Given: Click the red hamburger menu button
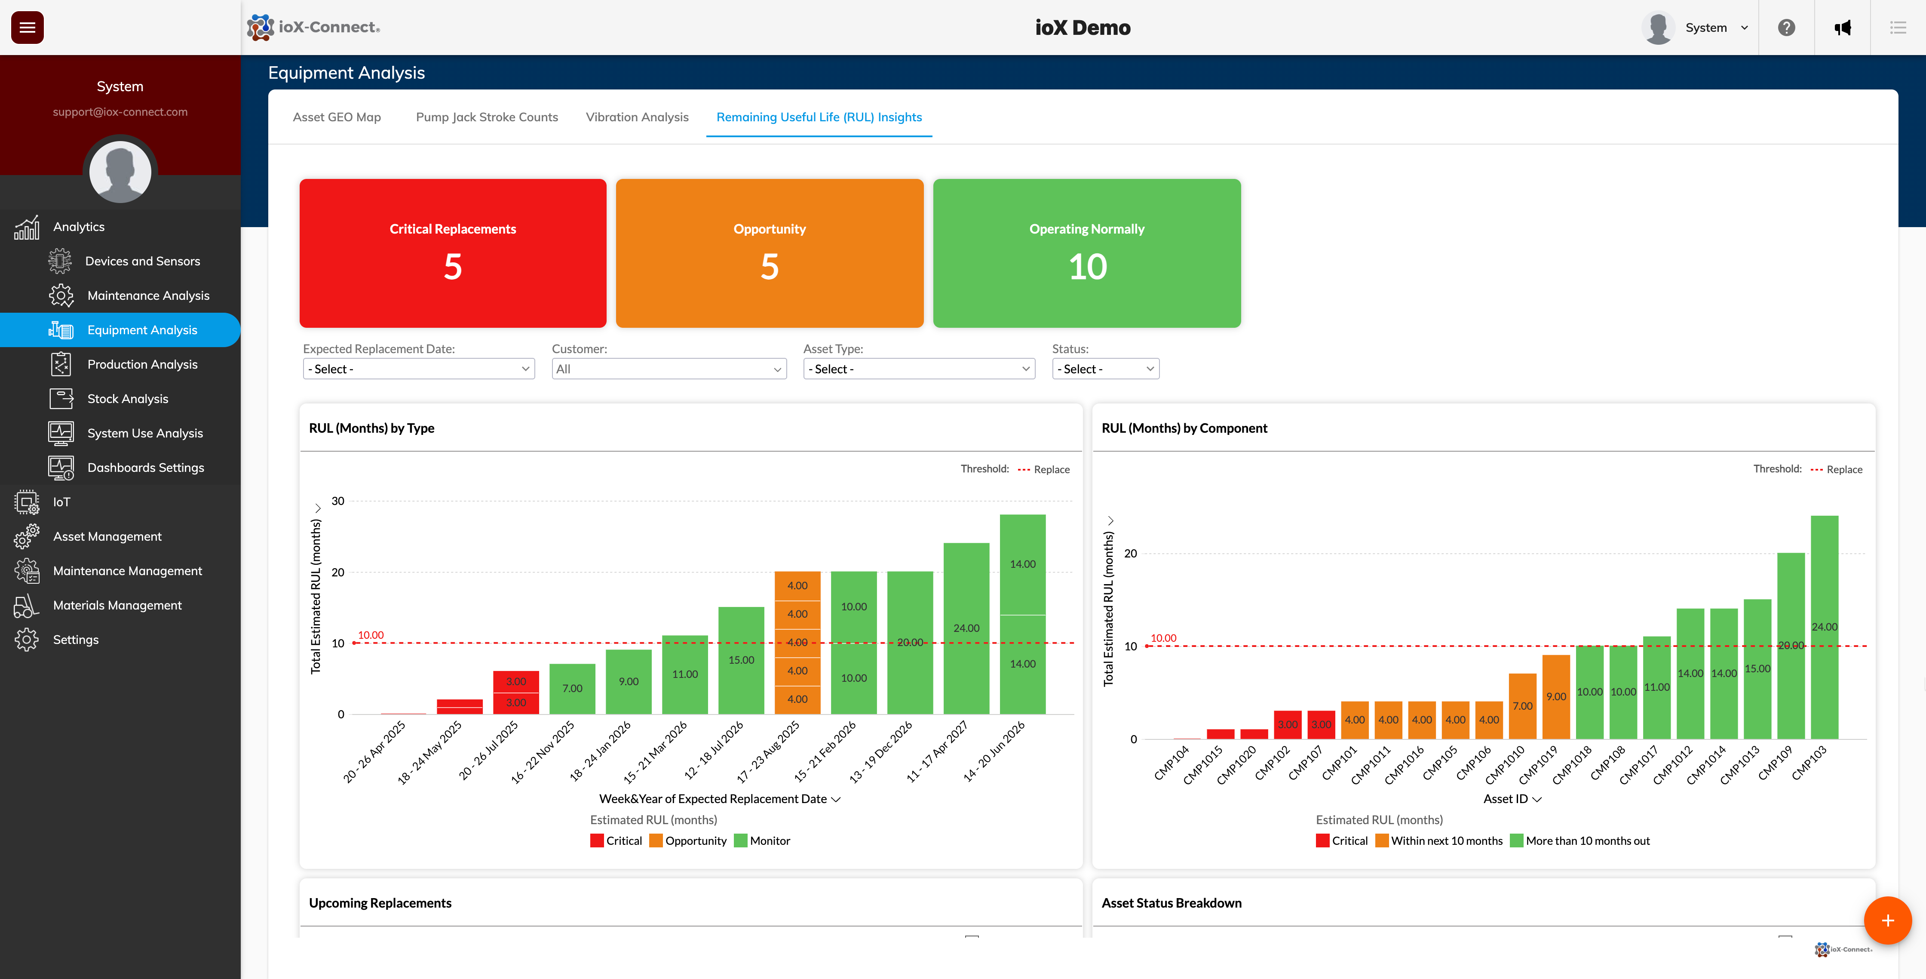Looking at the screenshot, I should (27, 28).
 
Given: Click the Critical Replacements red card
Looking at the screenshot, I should (452, 253).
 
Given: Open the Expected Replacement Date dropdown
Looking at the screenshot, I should (419, 369).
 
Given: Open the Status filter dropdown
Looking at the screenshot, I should (1105, 369).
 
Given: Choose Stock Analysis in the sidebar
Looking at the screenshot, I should (128, 399).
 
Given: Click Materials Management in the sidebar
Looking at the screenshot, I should (117, 605).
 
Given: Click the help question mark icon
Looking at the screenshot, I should (1786, 28).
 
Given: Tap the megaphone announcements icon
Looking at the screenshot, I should (1842, 28).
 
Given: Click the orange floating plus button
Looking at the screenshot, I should (1887, 921).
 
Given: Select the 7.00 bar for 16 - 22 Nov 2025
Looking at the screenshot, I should (572, 688).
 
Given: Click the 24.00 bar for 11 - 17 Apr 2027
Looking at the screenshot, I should (966, 628).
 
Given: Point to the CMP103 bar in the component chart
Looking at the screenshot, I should (1824, 627).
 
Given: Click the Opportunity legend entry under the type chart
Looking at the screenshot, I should (689, 840).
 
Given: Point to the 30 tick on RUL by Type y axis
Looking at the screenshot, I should (338, 501).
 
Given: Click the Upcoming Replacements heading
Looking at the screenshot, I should (380, 903).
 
